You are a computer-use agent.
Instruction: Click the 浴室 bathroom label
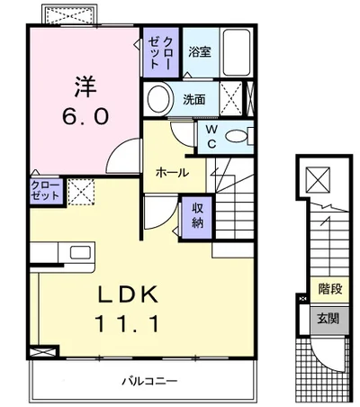[x=200, y=52]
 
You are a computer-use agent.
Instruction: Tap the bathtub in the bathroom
[x=237, y=52]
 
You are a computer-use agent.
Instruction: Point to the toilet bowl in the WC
[x=237, y=137]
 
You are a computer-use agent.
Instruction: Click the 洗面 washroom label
[x=194, y=99]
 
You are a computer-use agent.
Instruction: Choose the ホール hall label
[x=172, y=173]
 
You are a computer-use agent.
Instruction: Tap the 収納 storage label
[x=198, y=215]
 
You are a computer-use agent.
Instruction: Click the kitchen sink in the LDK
[x=80, y=252]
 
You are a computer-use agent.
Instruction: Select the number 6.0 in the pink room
[x=85, y=116]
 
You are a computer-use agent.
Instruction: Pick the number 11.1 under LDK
[x=126, y=323]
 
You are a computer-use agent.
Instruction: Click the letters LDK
[x=129, y=294]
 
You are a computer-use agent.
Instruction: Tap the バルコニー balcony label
[x=149, y=381]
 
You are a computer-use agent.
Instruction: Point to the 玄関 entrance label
[x=328, y=318]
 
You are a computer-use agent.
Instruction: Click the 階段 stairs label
[x=330, y=289]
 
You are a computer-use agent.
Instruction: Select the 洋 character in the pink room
[x=85, y=86]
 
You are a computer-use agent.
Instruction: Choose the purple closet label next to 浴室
[x=161, y=53]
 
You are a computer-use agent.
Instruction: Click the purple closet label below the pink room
[x=45, y=191]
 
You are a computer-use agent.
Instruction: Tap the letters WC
[x=211, y=137]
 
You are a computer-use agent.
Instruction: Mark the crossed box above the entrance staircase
[x=318, y=180]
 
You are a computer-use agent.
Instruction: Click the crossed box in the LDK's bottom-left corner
[x=43, y=352]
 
